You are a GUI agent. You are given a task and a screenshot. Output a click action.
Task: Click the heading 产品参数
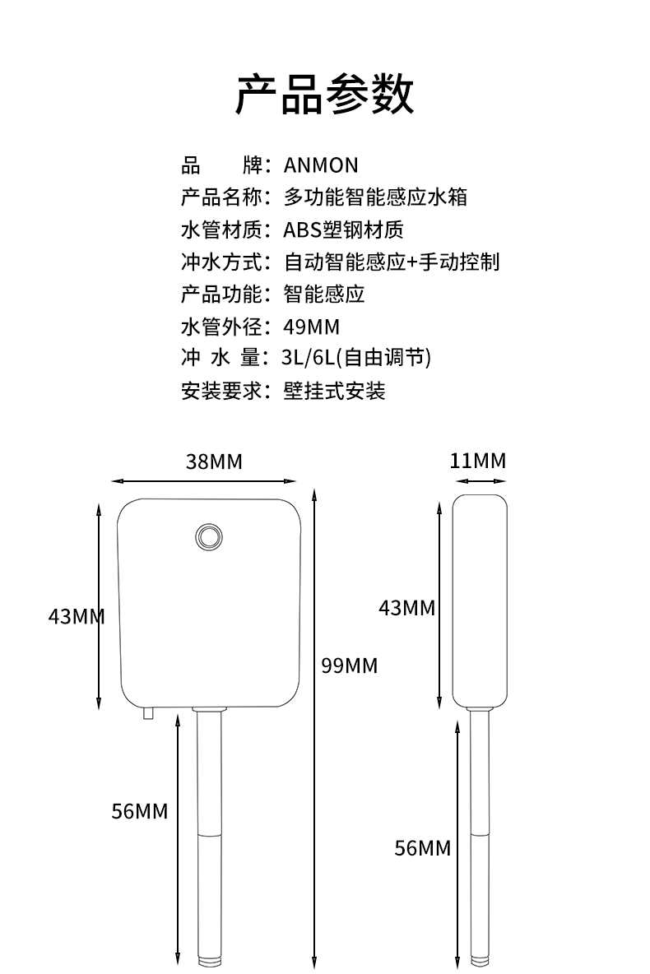click(325, 94)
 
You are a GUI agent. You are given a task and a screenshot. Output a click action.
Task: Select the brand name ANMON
click(321, 165)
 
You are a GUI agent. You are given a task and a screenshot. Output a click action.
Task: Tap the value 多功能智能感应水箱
click(376, 197)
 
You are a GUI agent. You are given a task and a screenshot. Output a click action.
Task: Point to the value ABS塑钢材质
click(343, 230)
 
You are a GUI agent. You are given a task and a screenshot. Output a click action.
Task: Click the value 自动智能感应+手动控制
click(392, 262)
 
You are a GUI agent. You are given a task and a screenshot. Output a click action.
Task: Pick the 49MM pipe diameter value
click(311, 327)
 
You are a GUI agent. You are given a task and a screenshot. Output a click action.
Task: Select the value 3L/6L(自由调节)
click(356, 359)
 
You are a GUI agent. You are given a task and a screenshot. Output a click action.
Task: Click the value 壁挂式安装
click(334, 391)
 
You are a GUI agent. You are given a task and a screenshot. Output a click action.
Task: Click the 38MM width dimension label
click(214, 461)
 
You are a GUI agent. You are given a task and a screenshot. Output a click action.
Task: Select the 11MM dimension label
click(478, 461)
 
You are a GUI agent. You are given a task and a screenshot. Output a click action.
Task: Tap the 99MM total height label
click(349, 665)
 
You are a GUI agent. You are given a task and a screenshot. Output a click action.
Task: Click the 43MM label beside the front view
click(77, 615)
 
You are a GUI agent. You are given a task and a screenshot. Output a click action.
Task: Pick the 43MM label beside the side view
click(406, 608)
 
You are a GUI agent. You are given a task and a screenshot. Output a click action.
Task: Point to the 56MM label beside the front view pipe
click(140, 811)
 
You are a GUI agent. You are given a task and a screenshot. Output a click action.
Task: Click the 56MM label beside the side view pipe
click(423, 847)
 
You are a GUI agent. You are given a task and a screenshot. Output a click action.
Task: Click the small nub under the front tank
click(149, 713)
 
